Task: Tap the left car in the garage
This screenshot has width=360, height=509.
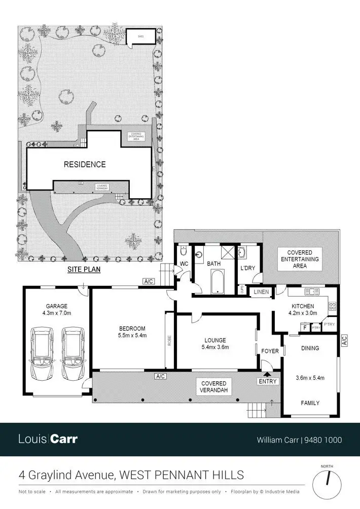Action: coord(42,353)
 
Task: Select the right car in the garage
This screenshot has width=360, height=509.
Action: coord(71,353)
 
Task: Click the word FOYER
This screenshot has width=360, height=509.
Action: coord(270,351)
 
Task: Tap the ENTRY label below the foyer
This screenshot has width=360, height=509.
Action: coord(267,381)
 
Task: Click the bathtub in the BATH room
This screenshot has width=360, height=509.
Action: coord(217,282)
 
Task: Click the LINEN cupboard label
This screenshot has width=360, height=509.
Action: coord(261,292)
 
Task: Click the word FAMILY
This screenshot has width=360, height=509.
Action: coord(310,403)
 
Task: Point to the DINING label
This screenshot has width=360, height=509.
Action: coord(310,348)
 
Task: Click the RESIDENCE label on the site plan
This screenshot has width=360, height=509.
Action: coord(85,164)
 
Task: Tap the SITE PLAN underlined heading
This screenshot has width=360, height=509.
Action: coord(84,270)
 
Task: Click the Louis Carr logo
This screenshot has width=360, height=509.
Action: coord(48,439)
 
